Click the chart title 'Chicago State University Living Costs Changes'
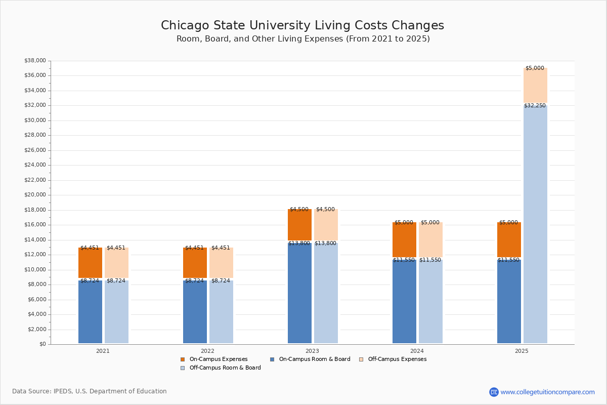click(302, 25)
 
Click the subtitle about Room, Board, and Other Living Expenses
click(303, 39)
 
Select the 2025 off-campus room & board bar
click(535, 223)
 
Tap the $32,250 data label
click(535, 106)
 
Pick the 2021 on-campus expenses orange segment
click(90, 263)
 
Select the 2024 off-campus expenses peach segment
click(430, 240)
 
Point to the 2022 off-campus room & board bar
click(221, 312)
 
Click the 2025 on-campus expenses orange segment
click(509, 240)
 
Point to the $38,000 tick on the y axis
click(35, 61)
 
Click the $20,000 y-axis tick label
click(35, 195)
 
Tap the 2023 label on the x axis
click(312, 351)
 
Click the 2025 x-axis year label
click(522, 351)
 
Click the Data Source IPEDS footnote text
click(90, 391)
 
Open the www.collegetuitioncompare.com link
click(547, 392)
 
